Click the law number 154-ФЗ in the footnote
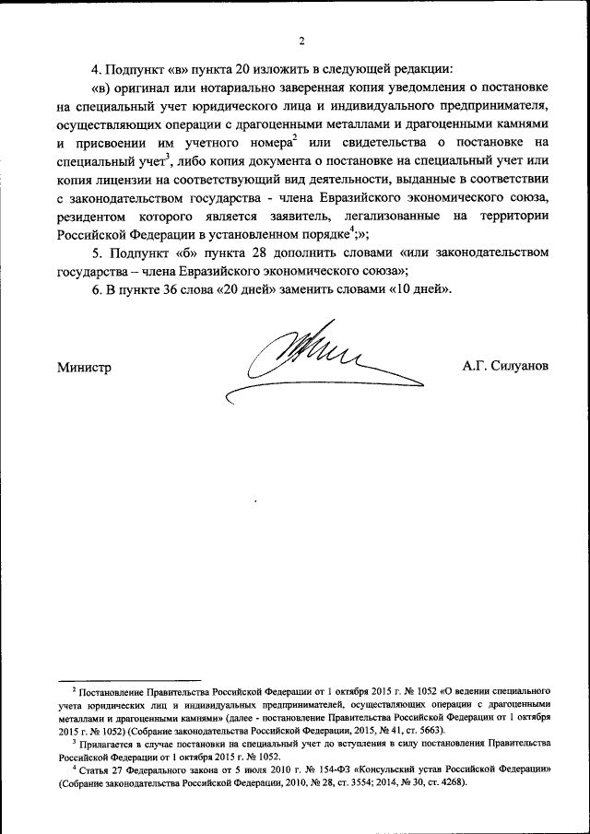[x=343, y=768]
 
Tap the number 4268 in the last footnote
[x=447, y=781]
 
